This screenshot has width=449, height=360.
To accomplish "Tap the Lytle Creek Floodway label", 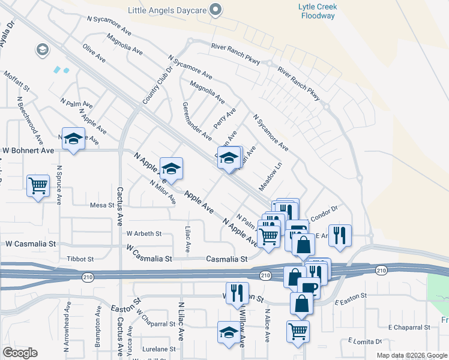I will point(318,11).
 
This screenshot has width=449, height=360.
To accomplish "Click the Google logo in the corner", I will point(20,353).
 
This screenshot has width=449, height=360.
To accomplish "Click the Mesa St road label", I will point(101,205).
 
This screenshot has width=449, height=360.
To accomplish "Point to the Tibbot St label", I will point(82,259).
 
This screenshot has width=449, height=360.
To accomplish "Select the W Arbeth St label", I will point(144,233).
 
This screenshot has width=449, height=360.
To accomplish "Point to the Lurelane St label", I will point(159,349).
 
